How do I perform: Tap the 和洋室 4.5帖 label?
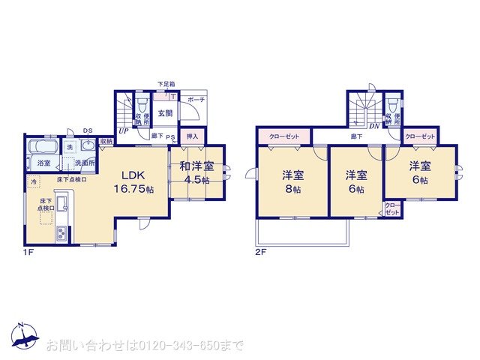196,172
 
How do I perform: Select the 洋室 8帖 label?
292,182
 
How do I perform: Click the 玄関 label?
164,114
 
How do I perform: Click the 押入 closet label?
192,137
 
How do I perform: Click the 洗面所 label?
82,163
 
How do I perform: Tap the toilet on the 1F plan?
142,103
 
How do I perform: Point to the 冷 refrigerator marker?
34,182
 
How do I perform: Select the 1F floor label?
28,253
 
